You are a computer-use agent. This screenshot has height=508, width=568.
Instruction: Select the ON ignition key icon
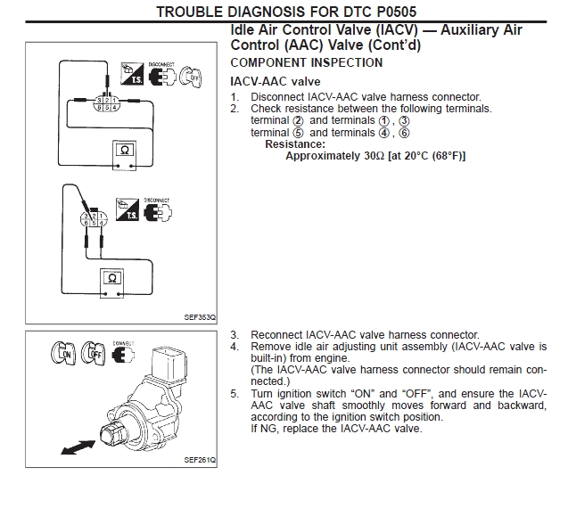point(63,355)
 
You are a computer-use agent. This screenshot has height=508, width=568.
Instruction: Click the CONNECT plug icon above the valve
point(125,354)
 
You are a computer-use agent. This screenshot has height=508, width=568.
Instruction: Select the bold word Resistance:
point(295,144)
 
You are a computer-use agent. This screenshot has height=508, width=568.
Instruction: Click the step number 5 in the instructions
point(234,393)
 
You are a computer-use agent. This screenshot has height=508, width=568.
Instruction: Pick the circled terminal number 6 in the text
point(403,133)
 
